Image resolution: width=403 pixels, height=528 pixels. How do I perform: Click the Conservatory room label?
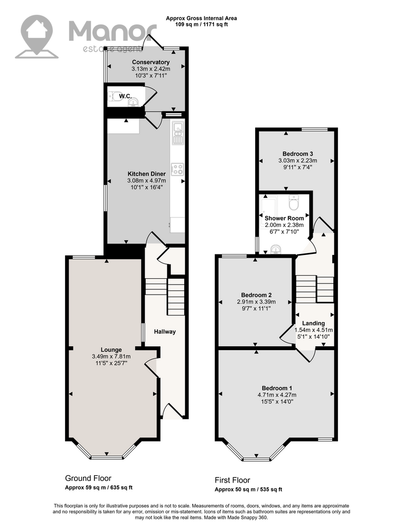[151, 62]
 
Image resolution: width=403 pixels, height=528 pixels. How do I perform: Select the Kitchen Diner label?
[147, 174]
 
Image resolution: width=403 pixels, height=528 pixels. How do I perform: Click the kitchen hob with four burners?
[177, 169]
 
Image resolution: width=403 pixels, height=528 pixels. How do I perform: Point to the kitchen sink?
[177, 133]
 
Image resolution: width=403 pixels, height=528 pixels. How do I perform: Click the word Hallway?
[165, 332]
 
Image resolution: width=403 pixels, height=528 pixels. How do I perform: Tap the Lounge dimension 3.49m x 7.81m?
[111, 356]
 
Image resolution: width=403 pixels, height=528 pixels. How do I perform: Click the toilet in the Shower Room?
[294, 202]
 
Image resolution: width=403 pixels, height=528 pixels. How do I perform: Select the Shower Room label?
[284, 218]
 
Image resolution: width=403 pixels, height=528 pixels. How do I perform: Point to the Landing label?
[313, 323]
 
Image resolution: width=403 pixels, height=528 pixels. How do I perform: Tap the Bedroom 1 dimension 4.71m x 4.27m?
[277, 395]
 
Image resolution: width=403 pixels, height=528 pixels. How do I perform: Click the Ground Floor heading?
[88, 478]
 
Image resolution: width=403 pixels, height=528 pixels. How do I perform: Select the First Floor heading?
[232, 480]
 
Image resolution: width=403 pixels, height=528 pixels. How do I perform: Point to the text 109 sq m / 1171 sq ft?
[202, 24]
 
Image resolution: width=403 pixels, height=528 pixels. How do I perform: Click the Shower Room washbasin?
[276, 249]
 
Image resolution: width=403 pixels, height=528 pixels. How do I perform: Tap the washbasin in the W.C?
[134, 102]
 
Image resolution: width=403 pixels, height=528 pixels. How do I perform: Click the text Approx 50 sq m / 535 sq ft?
[248, 489]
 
